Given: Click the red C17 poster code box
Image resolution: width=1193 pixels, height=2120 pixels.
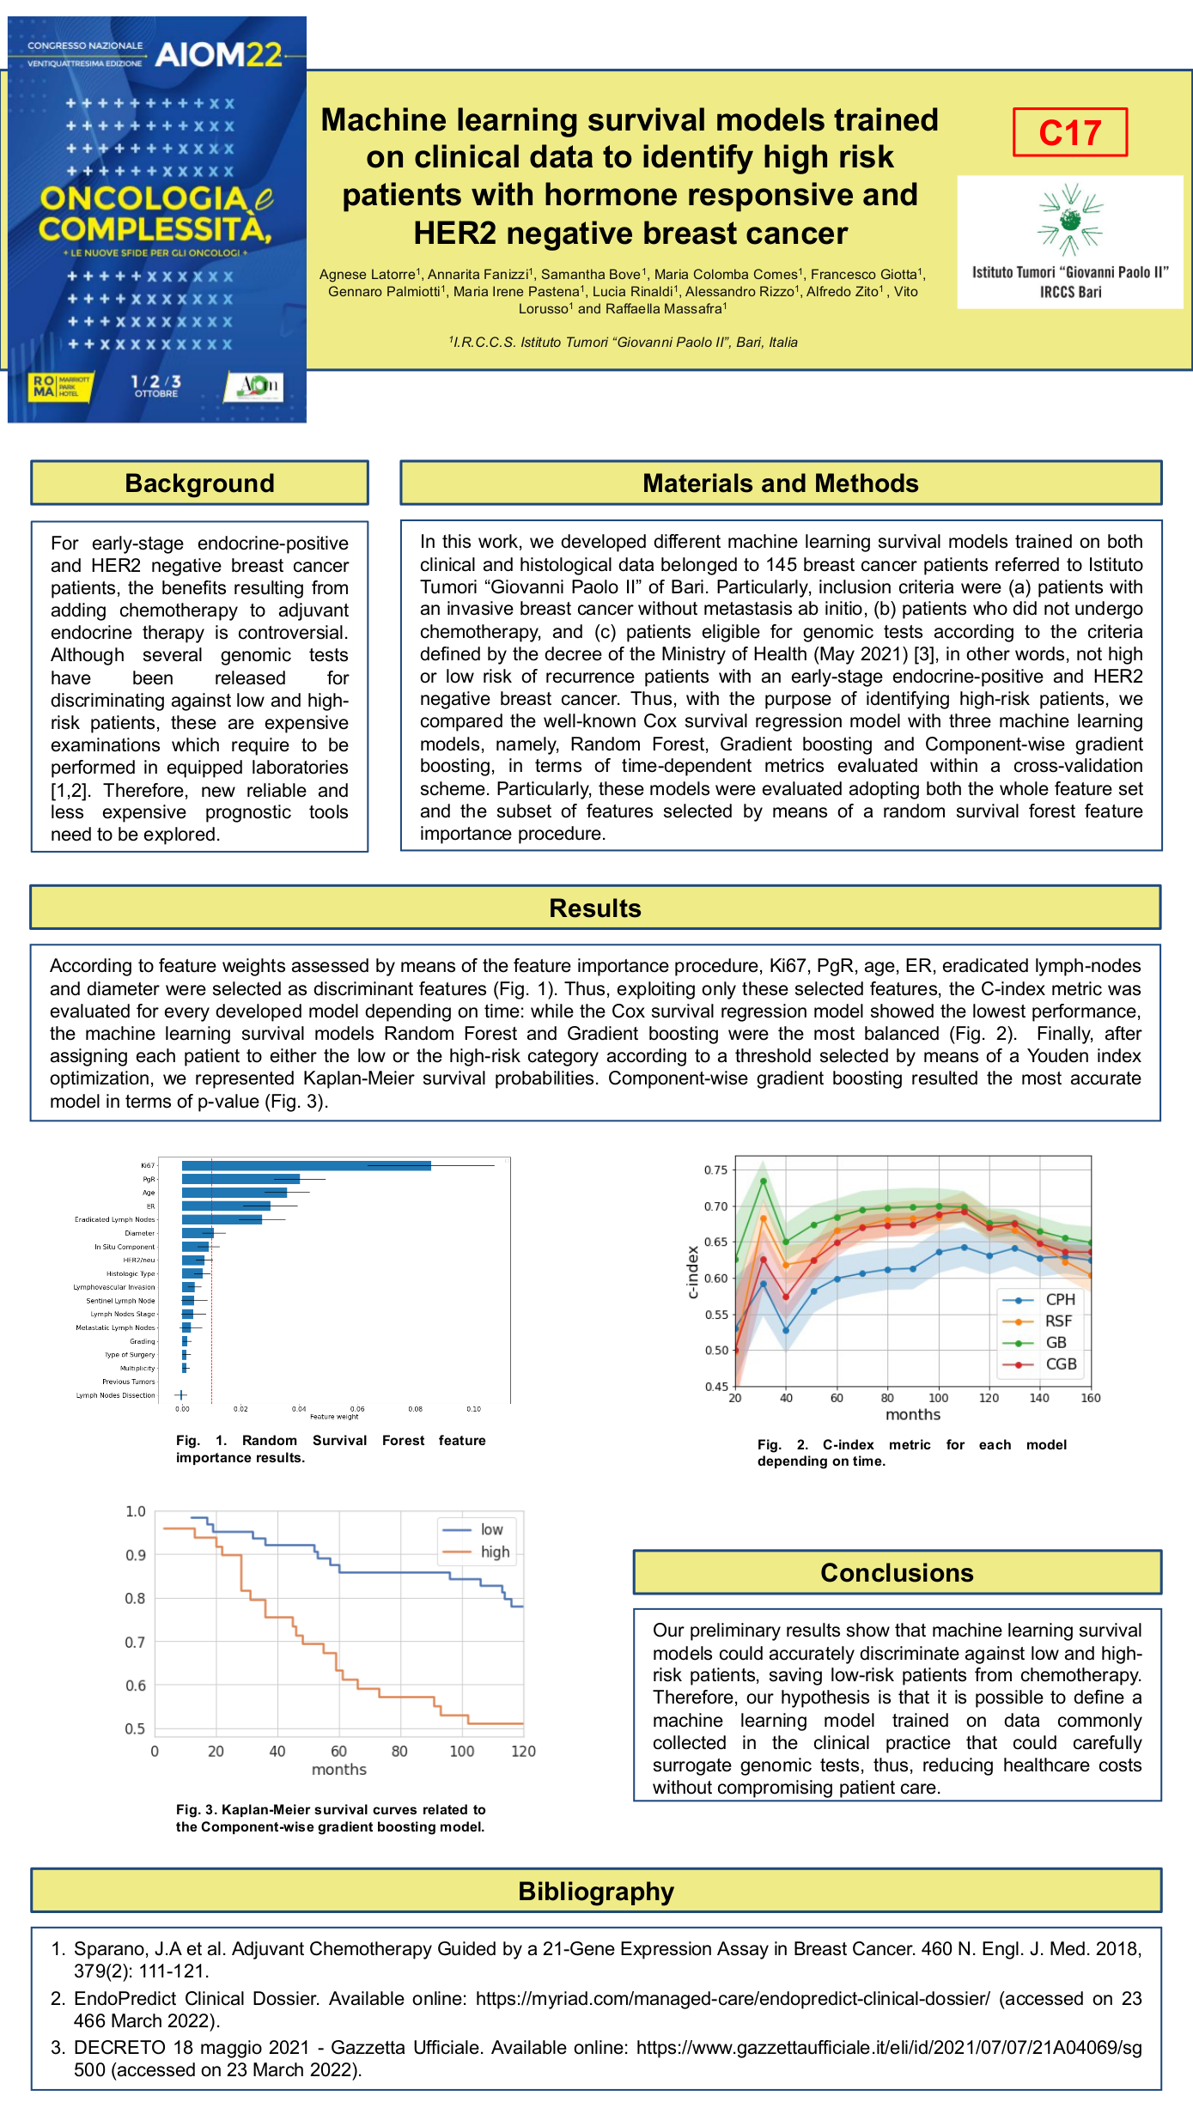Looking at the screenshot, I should (1069, 132).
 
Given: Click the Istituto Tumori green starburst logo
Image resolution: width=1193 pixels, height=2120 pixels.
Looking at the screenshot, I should (1069, 220).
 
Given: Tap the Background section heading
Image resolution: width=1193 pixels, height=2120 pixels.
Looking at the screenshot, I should (199, 483).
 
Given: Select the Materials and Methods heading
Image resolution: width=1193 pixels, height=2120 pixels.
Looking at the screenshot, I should (780, 483).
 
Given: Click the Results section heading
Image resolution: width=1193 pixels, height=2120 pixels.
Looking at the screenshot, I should (595, 908).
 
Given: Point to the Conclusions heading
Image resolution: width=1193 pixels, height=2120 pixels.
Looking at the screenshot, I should (897, 1572).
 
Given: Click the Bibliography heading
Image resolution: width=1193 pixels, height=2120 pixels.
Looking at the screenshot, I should (596, 1891).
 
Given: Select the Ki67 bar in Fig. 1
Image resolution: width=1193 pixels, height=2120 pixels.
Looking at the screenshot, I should (306, 1166).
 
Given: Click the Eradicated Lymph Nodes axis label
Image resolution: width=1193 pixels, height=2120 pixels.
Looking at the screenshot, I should (115, 1219).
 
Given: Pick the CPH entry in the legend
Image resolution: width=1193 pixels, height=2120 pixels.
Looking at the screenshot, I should (1060, 1300).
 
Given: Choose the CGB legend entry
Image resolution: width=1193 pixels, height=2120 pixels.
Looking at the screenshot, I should (1060, 1364).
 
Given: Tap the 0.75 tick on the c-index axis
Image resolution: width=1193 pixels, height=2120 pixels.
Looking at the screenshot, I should (715, 1169).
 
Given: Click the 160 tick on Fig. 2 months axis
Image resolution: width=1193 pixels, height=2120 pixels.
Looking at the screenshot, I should (1091, 1398).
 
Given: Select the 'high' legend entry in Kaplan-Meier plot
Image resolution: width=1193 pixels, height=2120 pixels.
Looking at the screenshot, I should (495, 1552).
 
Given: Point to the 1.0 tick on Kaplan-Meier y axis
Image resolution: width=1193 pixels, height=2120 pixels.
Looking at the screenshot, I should (136, 1511).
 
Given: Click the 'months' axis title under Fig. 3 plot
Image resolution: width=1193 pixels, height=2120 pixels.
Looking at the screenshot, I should (338, 1770).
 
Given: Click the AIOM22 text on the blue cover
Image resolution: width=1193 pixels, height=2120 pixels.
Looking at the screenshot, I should (218, 55).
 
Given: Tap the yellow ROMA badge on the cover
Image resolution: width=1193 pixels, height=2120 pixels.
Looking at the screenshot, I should (60, 386).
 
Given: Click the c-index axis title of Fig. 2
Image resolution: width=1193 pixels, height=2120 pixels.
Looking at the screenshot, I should (693, 1272).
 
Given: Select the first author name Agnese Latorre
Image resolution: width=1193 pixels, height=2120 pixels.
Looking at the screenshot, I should (368, 275).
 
